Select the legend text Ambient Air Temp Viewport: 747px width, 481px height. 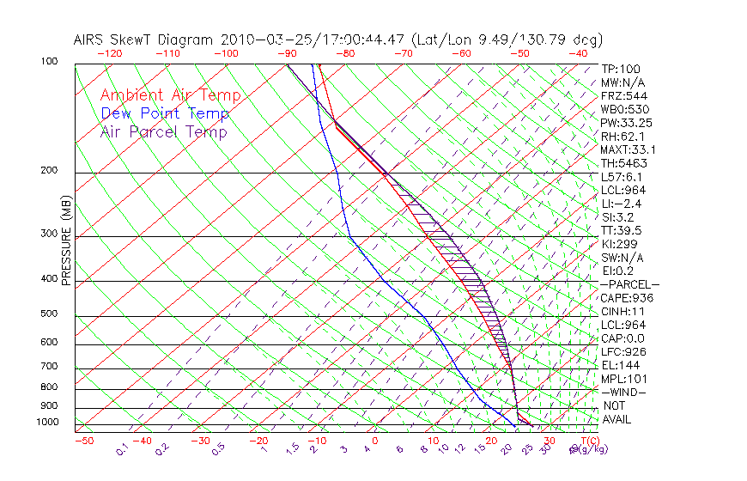point(170,95)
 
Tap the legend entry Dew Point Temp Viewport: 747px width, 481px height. point(165,113)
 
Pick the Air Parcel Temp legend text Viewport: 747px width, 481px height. point(163,131)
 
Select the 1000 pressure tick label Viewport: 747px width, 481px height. point(49,423)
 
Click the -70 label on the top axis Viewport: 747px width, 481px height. point(402,52)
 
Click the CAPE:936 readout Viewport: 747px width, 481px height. point(627,298)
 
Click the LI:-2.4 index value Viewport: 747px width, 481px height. point(622,204)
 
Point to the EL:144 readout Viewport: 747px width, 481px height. point(620,365)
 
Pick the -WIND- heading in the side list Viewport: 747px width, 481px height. point(625,392)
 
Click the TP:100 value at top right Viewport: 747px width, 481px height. point(620,69)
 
